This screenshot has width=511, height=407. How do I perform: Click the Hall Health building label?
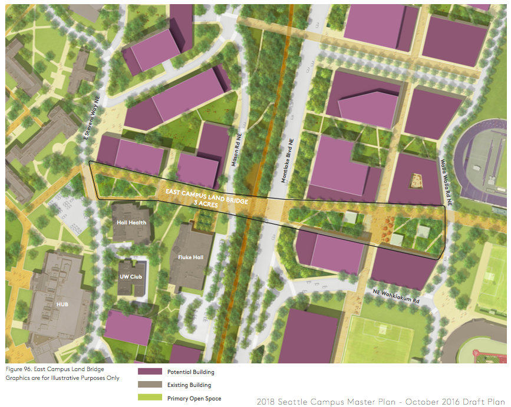coord(131,222)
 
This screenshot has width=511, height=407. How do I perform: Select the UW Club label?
coord(131,276)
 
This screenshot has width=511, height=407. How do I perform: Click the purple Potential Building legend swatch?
coord(150,372)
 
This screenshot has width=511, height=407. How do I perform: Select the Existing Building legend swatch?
coord(150,385)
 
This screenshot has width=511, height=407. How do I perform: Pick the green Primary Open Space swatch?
coord(150,398)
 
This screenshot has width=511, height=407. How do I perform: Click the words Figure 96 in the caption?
coord(18,369)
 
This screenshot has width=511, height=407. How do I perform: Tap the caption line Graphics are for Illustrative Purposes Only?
coord(62,378)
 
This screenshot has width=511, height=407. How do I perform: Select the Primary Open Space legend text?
coord(194,399)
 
